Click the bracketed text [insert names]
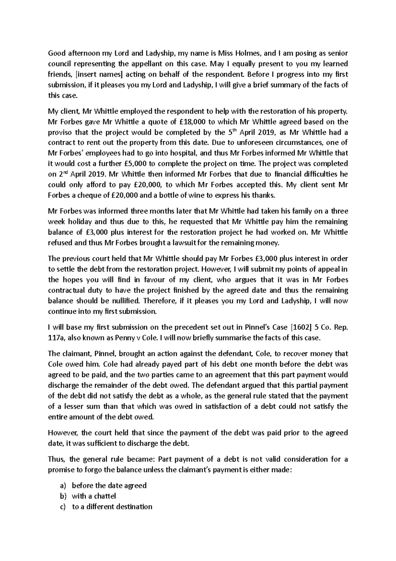[89, 75]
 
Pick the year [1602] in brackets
[301, 327]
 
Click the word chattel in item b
[105, 496]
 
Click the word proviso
[60, 132]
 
